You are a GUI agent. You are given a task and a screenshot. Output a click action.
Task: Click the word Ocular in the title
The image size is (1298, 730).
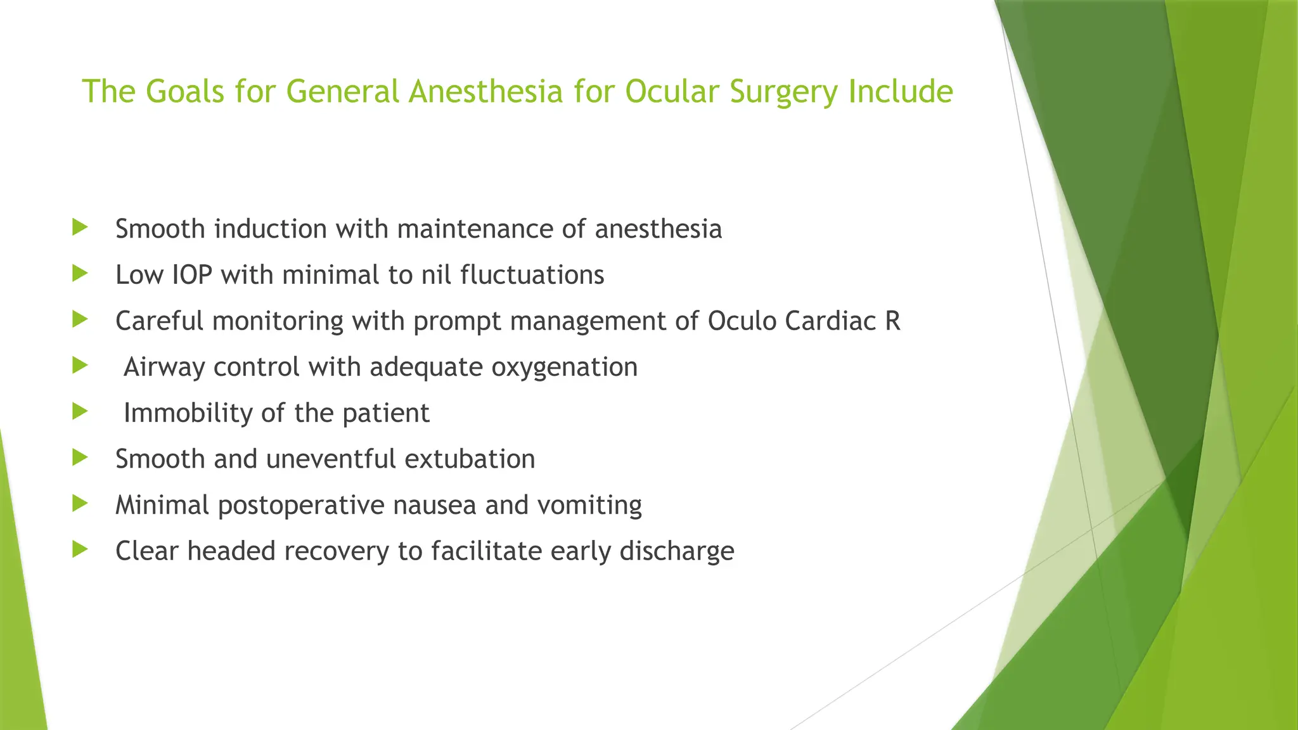[x=671, y=91]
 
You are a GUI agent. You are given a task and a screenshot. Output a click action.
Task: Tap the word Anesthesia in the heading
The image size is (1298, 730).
[x=485, y=91]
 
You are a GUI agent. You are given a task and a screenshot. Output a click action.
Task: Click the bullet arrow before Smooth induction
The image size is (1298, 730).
[x=80, y=227]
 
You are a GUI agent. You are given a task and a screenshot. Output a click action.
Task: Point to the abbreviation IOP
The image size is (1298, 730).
[x=192, y=275]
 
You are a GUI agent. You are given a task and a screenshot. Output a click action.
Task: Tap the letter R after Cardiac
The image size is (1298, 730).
[x=892, y=321]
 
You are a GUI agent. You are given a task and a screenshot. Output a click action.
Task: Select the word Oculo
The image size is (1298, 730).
[x=742, y=321]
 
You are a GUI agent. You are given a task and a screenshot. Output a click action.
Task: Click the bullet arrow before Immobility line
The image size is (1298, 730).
[x=80, y=411]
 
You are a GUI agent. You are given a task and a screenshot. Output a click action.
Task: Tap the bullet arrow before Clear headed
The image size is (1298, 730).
[x=80, y=549]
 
